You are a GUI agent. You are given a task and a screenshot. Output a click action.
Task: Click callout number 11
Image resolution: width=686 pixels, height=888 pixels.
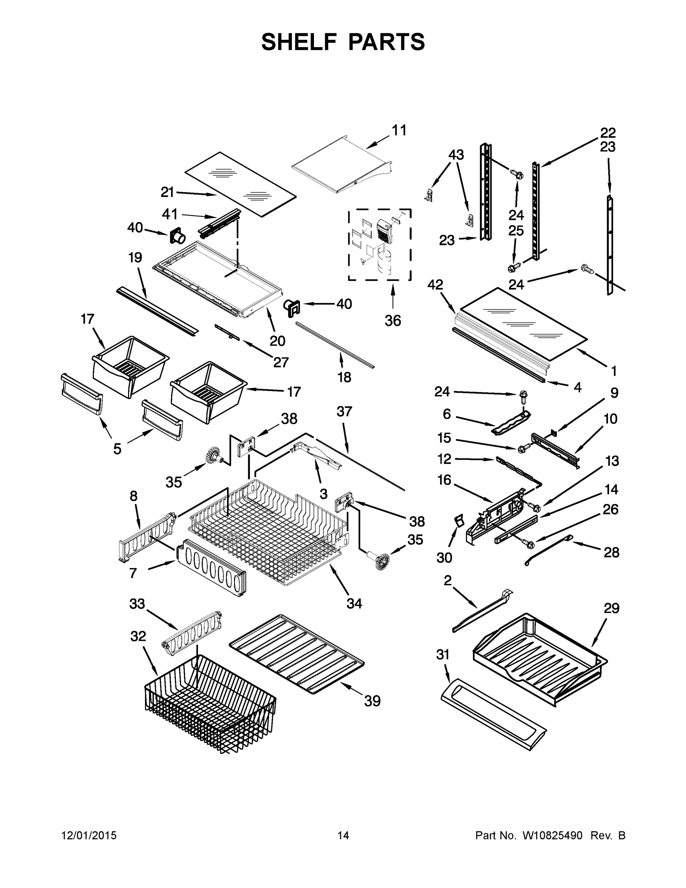[x=399, y=131]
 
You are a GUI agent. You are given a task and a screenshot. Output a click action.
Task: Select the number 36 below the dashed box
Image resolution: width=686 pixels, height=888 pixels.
[x=393, y=321]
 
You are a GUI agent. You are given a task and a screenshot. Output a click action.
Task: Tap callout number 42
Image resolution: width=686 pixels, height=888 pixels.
[x=435, y=285]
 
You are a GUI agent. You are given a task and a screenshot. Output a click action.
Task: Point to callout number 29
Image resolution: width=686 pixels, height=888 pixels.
[x=611, y=608]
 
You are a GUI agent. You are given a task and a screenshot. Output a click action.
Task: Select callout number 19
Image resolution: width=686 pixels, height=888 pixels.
[x=135, y=258]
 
